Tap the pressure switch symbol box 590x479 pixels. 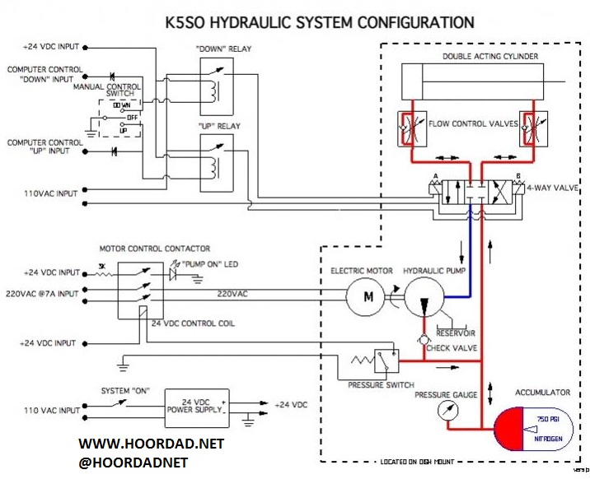tap(384, 360)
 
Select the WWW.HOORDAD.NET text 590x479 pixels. tap(152, 444)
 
